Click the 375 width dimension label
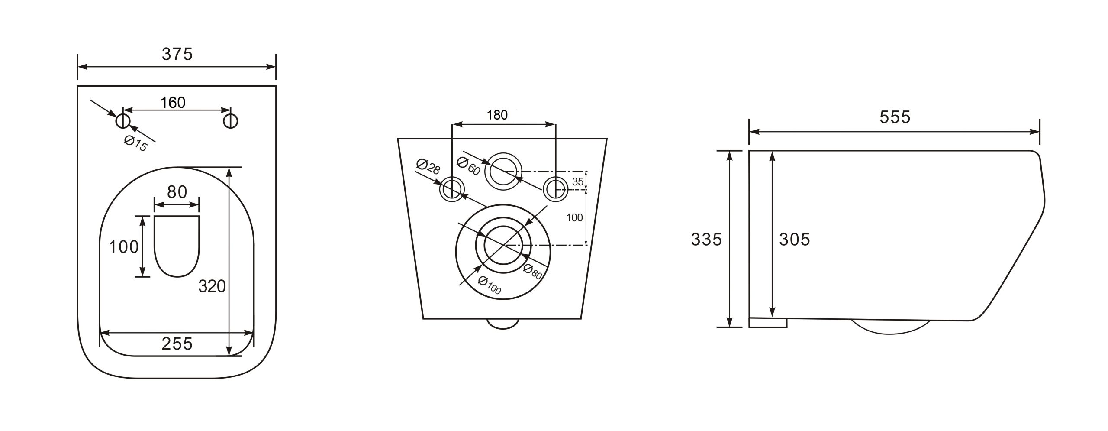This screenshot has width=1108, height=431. point(177,54)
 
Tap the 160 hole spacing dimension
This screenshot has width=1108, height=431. point(173,103)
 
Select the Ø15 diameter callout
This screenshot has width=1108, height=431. point(135,143)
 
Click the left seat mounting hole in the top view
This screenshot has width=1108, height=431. point(122,121)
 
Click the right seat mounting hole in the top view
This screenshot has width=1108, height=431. point(230,121)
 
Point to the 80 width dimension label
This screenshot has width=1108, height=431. point(177,192)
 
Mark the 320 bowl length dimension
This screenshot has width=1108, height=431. point(212,286)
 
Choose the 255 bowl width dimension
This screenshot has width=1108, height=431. point(177,344)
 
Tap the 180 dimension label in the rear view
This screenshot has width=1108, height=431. point(497,115)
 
